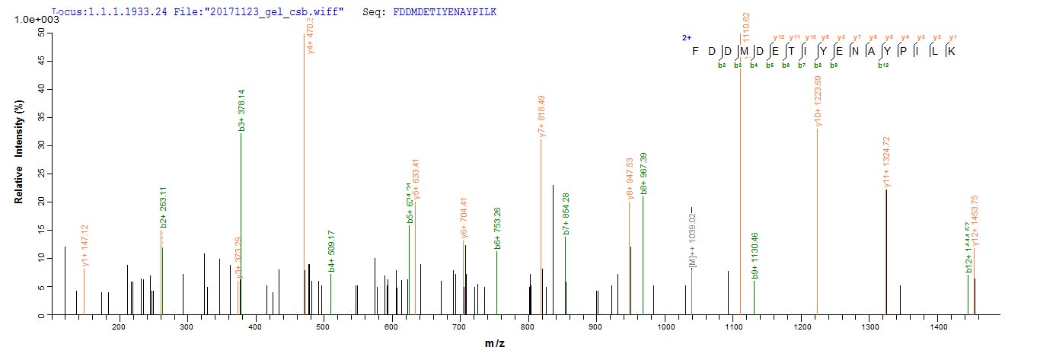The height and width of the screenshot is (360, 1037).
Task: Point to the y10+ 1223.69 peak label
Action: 818,101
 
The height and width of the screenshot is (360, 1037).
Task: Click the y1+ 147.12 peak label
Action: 85,244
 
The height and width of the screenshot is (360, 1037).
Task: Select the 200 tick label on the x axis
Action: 119,327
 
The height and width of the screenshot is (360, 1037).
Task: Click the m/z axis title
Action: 496,345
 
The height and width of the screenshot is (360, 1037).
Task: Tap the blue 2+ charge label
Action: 687,37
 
